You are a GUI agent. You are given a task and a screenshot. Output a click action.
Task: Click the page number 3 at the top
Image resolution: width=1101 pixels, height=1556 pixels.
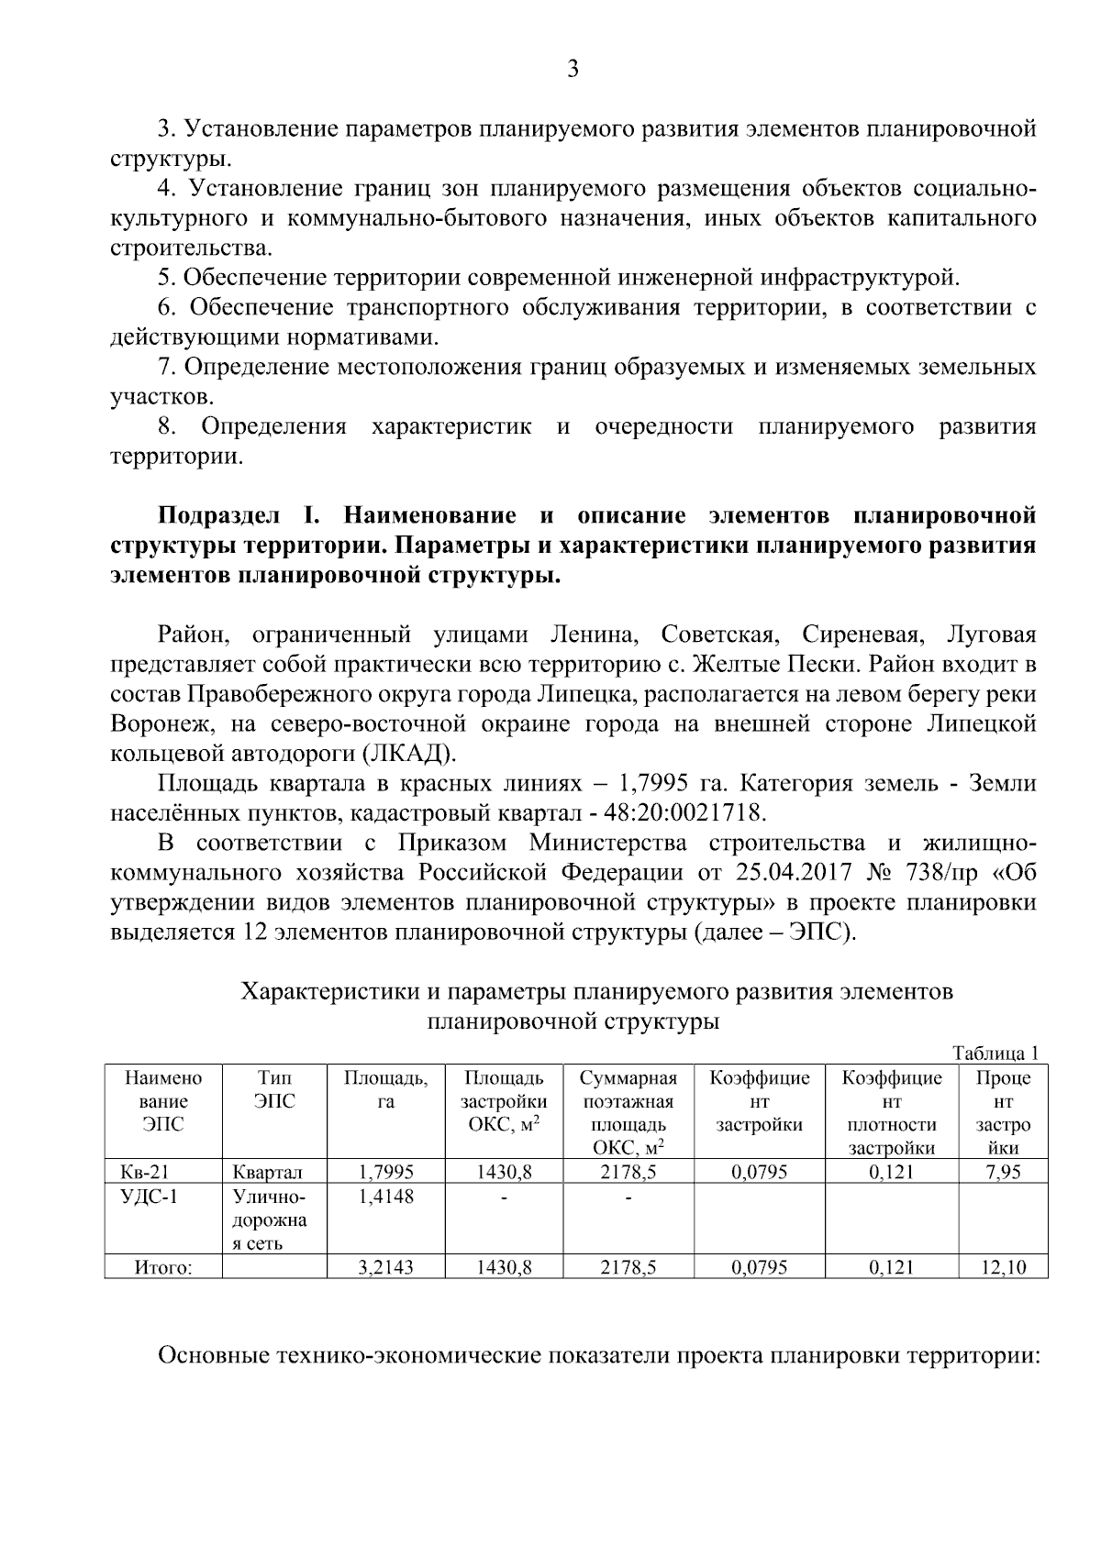(573, 69)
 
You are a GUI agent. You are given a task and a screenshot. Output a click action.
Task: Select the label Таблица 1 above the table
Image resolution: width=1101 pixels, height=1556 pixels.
(995, 1053)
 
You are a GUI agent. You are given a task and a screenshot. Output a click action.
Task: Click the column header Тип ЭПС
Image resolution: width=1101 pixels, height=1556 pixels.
(275, 1089)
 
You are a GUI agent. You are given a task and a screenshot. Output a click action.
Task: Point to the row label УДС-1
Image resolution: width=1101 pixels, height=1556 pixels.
(148, 1196)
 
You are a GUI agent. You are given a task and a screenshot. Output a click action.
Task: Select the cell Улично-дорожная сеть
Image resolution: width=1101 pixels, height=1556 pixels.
(268, 1219)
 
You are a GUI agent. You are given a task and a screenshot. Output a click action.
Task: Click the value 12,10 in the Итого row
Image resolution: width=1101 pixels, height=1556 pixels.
(1003, 1268)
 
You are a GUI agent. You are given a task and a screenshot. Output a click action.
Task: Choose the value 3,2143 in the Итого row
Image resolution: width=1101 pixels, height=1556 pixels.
(385, 1268)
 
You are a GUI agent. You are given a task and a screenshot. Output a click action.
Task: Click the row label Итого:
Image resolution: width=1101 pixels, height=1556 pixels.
(162, 1268)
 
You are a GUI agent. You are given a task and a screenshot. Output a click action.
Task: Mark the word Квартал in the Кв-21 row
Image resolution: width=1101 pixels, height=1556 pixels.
(267, 1172)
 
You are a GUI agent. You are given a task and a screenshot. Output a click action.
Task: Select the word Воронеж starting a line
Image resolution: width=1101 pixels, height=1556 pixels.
(162, 724)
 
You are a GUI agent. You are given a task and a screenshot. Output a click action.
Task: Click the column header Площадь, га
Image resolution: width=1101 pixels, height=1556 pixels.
(385, 1089)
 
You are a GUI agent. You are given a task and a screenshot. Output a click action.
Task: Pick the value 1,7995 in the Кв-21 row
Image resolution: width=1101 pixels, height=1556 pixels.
(385, 1171)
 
